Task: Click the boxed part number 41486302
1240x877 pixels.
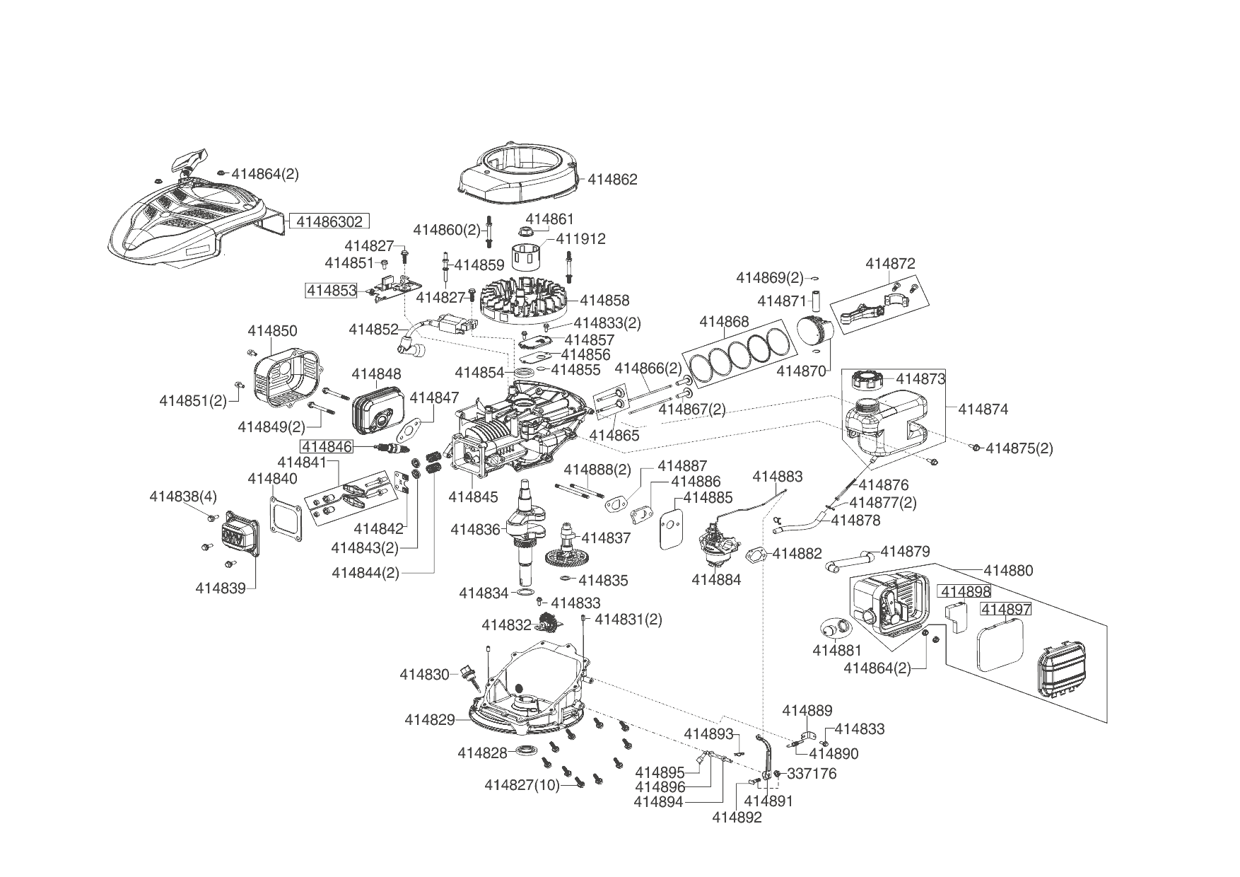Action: [329, 221]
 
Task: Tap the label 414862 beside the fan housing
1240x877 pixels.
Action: [612, 180]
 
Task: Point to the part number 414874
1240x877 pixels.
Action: [983, 409]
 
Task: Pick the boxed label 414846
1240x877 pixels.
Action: [327, 446]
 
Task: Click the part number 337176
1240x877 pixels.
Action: [812, 774]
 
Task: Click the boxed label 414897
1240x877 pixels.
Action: [1006, 610]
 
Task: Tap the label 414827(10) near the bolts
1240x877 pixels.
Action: [522, 785]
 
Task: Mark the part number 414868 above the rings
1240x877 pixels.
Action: [724, 322]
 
